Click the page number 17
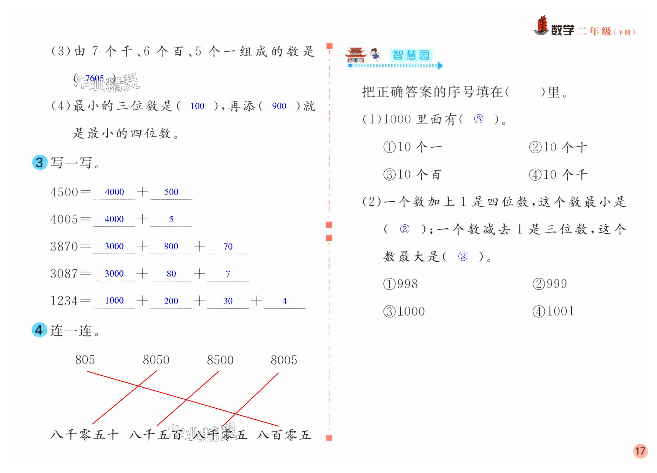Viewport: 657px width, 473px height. click(640, 451)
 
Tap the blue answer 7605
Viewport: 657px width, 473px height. click(94, 78)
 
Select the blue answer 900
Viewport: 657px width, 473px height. click(279, 106)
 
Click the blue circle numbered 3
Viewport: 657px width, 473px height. click(40, 162)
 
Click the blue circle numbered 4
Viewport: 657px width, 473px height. click(39, 330)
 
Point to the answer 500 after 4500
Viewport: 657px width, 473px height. click(171, 192)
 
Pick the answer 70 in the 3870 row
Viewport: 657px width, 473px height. click(228, 246)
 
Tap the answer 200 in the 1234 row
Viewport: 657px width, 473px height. click(171, 301)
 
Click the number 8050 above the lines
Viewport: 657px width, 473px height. click(156, 360)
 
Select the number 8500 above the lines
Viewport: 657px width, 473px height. click(220, 360)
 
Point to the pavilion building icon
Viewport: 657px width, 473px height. click(356, 55)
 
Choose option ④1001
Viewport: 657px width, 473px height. click(553, 311)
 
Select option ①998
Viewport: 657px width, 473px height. click(400, 284)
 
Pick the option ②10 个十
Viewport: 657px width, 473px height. click(558, 147)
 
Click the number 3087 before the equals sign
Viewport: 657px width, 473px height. click(64, 274)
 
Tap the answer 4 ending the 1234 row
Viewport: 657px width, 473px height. click(285, 301)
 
